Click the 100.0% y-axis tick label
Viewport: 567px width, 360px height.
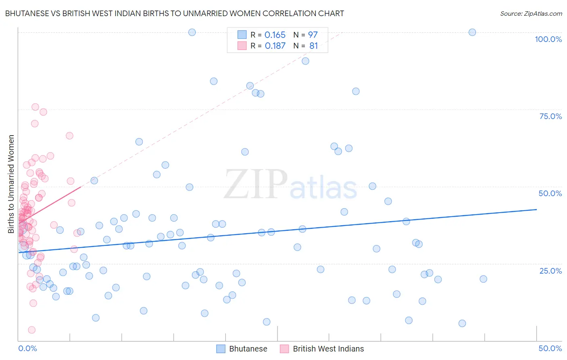548,39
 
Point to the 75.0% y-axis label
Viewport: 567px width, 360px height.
550,116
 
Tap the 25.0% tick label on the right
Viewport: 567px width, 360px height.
550,271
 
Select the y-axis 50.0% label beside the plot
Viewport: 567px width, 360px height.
550,193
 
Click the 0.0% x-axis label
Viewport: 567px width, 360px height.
27,348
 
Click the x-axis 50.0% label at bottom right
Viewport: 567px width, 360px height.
550,348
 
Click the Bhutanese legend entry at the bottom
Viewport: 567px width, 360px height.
248,349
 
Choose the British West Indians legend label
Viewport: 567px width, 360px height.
328,349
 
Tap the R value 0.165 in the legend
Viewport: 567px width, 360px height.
275,35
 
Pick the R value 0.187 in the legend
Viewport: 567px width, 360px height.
275,46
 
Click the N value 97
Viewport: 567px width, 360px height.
313,35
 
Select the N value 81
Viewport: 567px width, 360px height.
313,46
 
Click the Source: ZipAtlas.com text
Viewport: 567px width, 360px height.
531,14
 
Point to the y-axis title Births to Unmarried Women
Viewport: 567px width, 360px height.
11,184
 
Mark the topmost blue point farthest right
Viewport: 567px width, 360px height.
472,32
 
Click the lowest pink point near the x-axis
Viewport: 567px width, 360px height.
32,330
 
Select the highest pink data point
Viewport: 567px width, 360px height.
35,107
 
